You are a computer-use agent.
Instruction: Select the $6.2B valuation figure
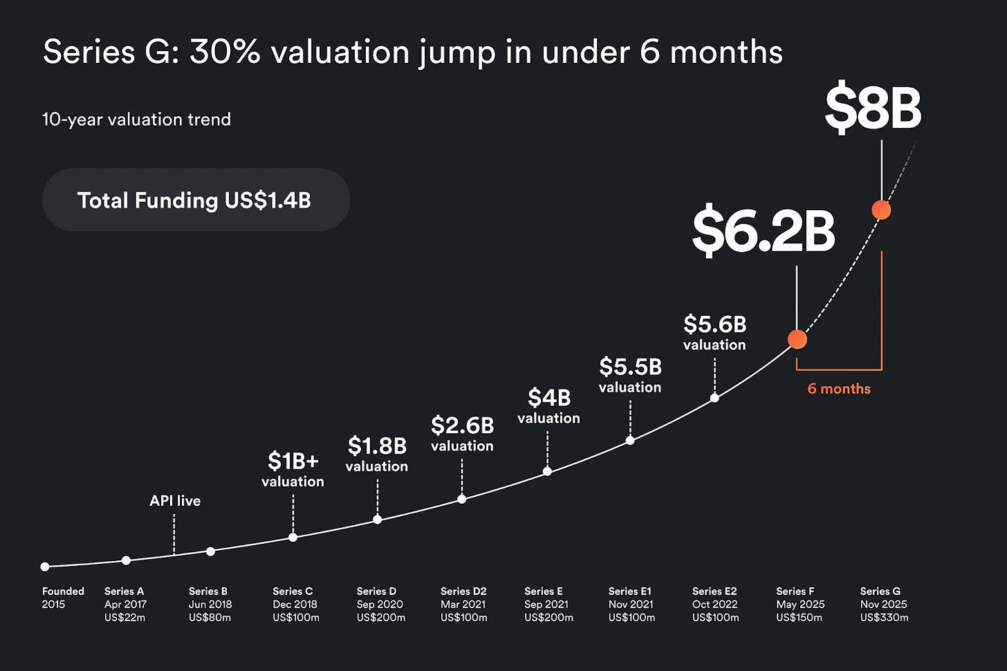tap(764, 231)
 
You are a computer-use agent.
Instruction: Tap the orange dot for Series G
tap(881, 209)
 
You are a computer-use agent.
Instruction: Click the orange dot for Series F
tap(797, 339)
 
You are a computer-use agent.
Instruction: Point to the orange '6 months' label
tap(839, 388)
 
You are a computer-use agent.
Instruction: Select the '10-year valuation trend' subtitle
tap(136, 120)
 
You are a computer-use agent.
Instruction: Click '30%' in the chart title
tap(224, 53)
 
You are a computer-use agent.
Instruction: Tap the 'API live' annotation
tap(175, 501)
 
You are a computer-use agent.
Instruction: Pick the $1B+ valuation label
tap(293, 469)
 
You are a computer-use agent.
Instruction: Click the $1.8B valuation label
tap(377, 454)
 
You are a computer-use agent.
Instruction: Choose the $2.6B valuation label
tap(462, 434)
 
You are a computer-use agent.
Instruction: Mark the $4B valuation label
tap(548, 406)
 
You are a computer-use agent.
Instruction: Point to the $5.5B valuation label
tap(630, 375)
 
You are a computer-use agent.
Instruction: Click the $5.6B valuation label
tap(714, 332)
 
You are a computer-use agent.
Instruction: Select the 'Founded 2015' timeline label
tap(63, 598)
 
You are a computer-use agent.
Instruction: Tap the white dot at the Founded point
tap(45, 567)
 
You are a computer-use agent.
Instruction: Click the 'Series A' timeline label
tap(124, 592)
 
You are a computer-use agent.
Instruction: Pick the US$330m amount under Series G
tap(884, 618)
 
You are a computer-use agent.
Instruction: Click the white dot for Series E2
tap(714, 398)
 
